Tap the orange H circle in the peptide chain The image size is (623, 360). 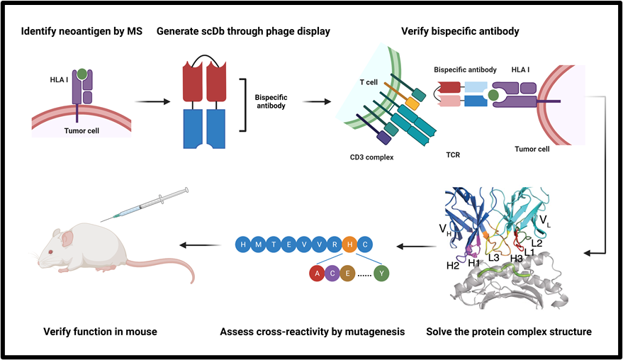(349, 245)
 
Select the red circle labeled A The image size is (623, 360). (317, 274)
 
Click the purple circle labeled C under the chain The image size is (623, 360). (332, 274)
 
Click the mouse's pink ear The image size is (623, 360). (67, 240)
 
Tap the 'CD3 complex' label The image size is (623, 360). (371, 157)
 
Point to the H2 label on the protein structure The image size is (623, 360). (452, 265)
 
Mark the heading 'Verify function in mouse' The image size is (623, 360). (100, 332)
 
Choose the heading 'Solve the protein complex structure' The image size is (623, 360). (509, 332)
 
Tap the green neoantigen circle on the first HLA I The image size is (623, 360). (83, 74)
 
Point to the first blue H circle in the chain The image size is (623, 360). (243, 245)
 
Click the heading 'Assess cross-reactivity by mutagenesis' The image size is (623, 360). (311, 332)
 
